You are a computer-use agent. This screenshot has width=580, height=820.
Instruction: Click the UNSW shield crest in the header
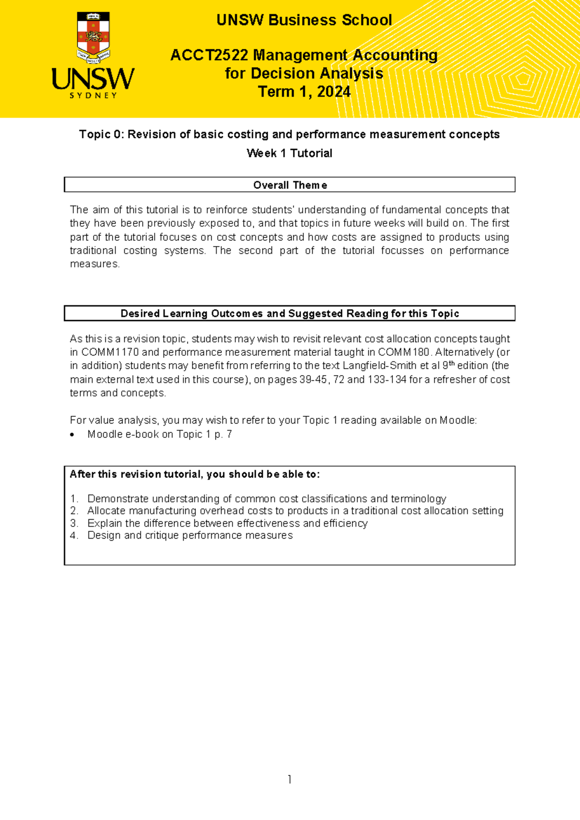tap(93, 38)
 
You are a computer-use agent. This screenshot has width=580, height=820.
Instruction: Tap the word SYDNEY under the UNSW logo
tap(93, 96)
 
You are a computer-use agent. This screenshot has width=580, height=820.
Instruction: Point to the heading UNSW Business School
tap(304, 20)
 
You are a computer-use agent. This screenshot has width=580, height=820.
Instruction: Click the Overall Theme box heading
tap(290, 185)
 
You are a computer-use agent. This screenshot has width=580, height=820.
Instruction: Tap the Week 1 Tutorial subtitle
tap(289, 153)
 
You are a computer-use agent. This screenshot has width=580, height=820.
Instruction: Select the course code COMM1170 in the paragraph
tap(110, 352)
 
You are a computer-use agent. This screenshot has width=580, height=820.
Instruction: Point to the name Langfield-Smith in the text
tap(379, 366)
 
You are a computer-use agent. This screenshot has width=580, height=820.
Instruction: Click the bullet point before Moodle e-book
tap(72, 435)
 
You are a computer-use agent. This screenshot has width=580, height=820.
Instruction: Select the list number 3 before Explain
tap(73, 523)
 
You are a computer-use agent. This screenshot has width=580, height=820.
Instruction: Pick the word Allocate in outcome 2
tap(106, 511)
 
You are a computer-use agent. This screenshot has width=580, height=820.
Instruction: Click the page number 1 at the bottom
tap(289, 779)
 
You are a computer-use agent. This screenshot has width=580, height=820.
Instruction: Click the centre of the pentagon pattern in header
tap(523, 79)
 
